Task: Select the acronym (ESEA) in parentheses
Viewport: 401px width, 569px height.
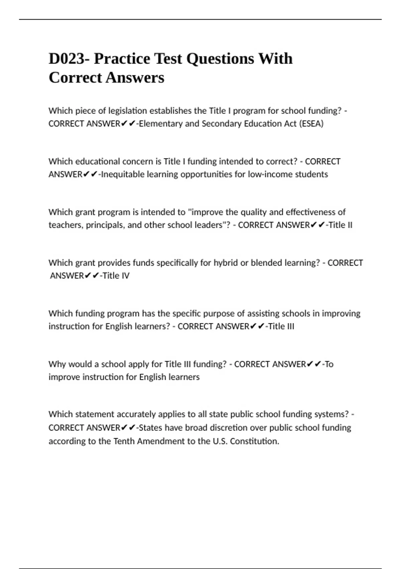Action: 311,124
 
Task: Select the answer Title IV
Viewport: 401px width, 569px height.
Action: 116,276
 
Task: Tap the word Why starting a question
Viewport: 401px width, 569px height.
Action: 57,364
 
